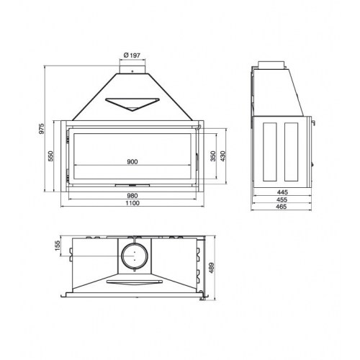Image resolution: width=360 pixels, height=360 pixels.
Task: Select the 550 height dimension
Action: [x=51, y=156]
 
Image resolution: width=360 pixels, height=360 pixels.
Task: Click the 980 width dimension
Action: [x=132, y=195]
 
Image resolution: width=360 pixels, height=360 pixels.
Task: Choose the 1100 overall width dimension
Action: [x=132, y=204]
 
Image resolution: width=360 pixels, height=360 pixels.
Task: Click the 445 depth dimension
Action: [x=282, y=192]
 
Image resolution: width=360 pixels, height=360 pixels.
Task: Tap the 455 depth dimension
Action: [x=282, y=200]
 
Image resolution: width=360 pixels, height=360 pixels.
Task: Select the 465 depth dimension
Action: [x=282, y=208]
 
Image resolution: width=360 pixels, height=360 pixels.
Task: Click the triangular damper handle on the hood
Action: [x=132, y=104]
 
